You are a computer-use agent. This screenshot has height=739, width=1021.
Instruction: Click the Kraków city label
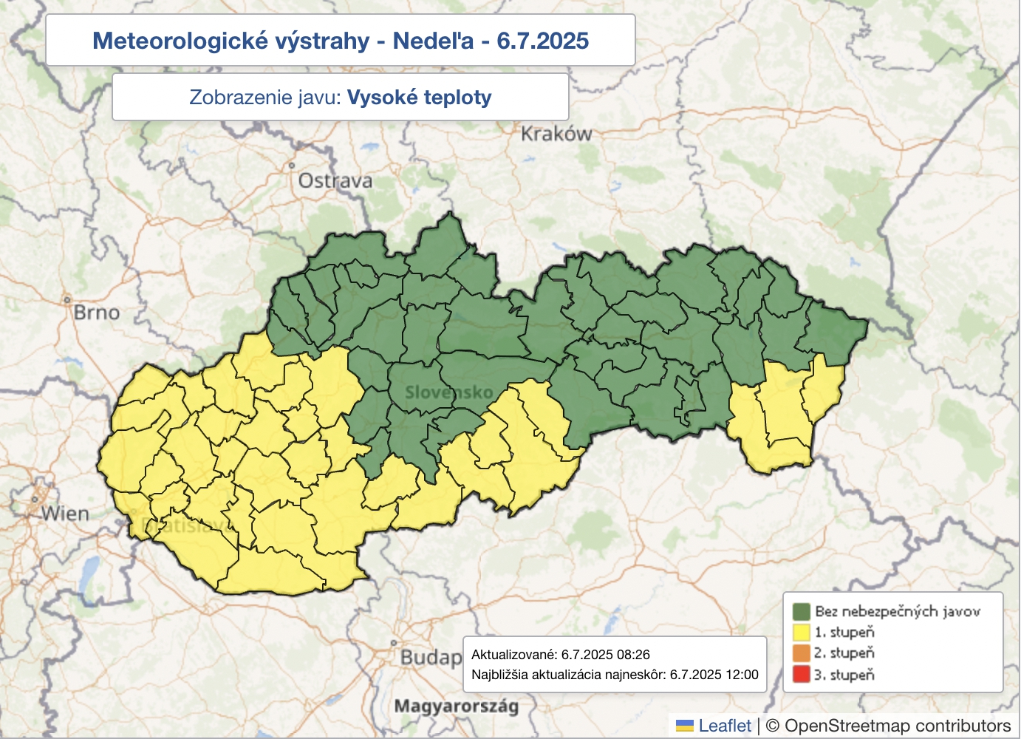coord(556,134)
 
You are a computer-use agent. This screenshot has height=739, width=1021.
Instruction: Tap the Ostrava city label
coord(335,181)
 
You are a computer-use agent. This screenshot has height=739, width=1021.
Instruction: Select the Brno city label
coord(97,313)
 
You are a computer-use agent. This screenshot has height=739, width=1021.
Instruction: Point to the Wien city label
coord(65,514)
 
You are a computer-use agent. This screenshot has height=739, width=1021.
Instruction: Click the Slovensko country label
coord(448,392)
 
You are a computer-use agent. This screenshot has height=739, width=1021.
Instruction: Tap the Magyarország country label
coord(456,706)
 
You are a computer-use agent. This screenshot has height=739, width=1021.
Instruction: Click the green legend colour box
coord(802,611)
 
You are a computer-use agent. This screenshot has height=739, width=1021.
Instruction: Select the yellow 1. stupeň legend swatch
coord(802,632)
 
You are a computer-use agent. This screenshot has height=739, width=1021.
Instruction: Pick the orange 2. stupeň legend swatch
coord(802,653)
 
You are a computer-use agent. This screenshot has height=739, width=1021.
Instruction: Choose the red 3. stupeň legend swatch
coord(802,674)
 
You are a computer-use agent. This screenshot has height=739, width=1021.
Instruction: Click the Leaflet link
coord(724,726)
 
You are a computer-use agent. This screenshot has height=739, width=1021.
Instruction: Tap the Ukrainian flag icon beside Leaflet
coord(685,726)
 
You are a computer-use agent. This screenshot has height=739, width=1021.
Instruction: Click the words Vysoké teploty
coord(419,98)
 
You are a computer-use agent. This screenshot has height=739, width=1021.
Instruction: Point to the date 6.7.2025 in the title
coord(542,41)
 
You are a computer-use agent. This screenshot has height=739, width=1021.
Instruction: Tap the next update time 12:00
coord(741,675)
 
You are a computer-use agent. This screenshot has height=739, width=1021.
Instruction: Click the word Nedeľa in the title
coord(433,41)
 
